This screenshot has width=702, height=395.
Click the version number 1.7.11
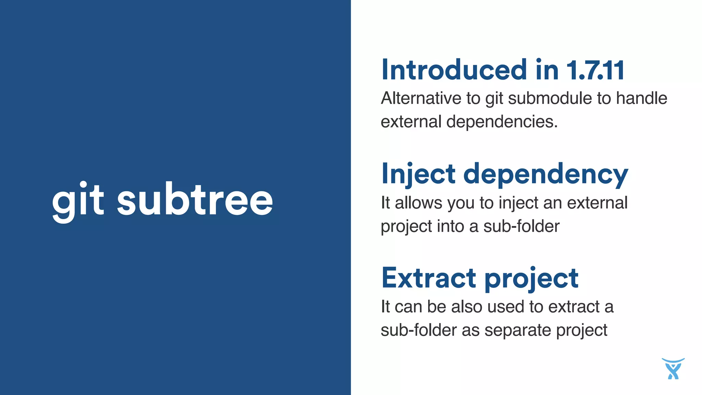595,70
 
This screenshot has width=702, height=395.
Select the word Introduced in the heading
454,70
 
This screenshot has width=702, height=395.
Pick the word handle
642,98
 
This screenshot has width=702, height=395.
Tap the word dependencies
502,122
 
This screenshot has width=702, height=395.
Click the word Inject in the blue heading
419,174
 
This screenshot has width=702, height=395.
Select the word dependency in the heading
546,175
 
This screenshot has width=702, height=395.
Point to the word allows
419,203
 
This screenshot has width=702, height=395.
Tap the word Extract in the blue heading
429,278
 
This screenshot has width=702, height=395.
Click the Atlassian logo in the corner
673,369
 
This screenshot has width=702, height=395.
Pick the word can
408,307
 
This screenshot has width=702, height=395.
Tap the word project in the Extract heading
532,279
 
